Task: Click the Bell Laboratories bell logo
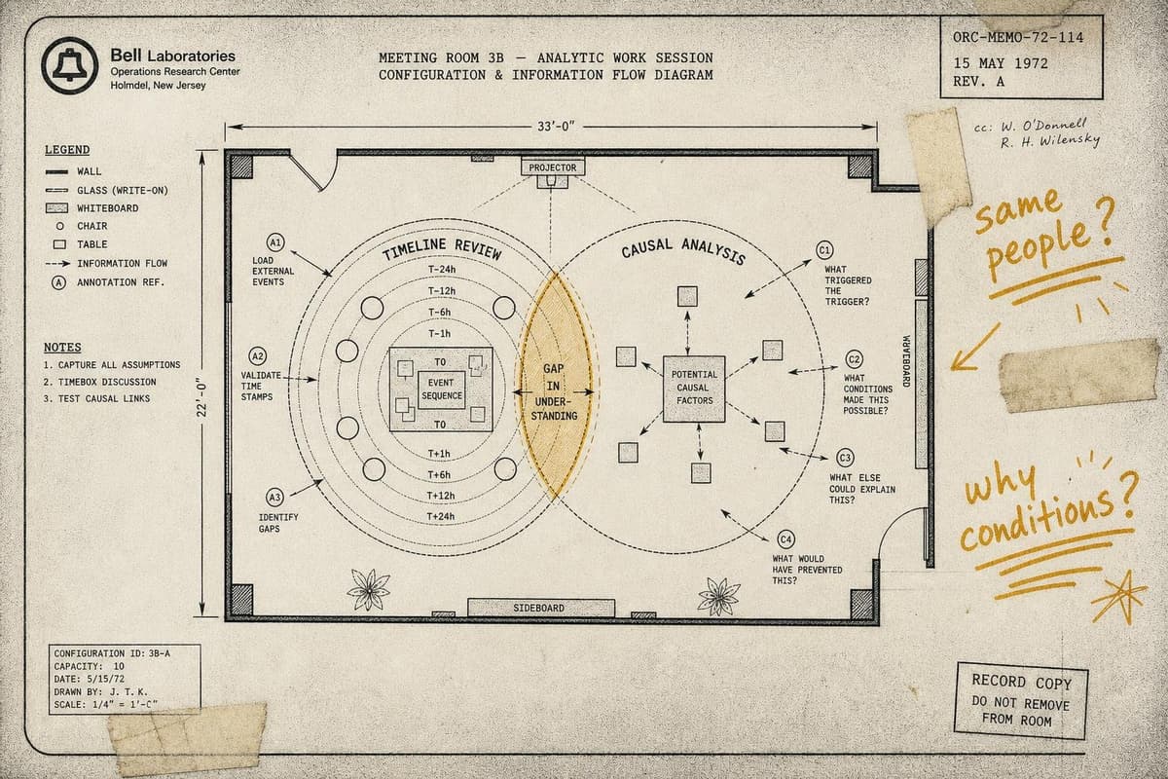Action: click(70, 65)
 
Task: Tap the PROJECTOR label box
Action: click(553, 167)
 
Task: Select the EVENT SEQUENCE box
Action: click(442, 389)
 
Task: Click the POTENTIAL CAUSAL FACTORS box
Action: click(694, 389)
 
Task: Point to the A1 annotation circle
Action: click(275, 242)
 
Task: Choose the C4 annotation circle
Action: click(785, 539)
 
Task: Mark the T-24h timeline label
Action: click(442, 269)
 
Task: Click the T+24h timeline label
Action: click(441, 516)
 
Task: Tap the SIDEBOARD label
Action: click(538, 608)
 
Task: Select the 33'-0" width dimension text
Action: click(556, 127)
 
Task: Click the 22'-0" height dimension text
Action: click(202, 399)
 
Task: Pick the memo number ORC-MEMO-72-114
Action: click(1018, 38)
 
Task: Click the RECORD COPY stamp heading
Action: click(1021, 682)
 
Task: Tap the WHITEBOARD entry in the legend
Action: click(108, 208)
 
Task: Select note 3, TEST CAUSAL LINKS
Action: click(97, 398)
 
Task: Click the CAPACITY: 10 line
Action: click(90, 666)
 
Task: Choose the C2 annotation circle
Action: click(854, 359)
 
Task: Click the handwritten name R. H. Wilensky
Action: click(1049, 141)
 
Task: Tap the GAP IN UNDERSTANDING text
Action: click(554, 391)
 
